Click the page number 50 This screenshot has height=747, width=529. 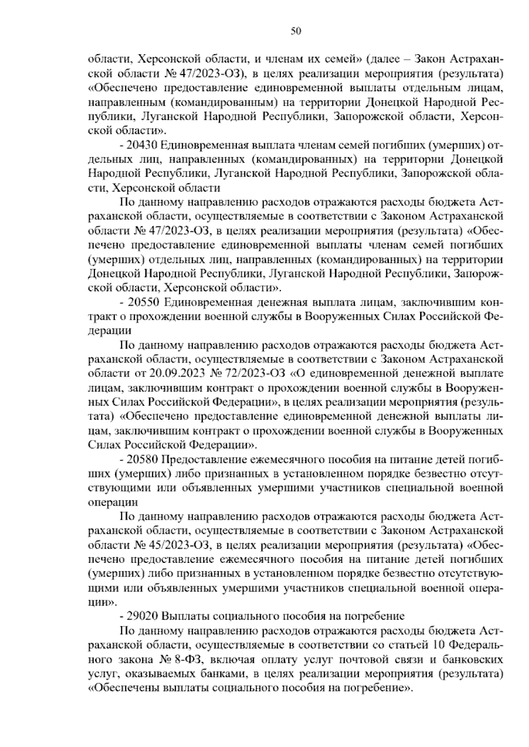[296, 31]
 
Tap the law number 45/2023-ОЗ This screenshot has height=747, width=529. [172, 545]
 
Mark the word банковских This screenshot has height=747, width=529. [475, 660]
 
